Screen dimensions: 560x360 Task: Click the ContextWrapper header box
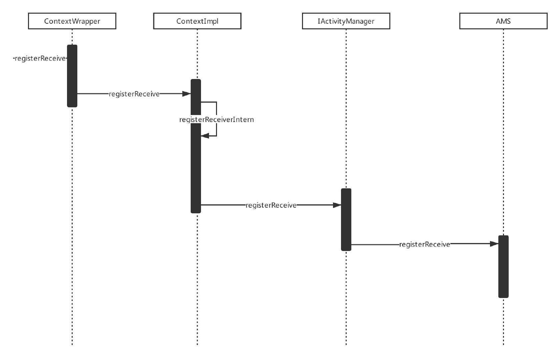click(72, 21)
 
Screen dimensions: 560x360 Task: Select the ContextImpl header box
click(197, 21)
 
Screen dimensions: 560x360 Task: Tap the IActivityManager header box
click(346, 21)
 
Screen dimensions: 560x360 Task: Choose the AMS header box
click(503, 21)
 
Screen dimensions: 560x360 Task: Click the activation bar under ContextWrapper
click(72, 76)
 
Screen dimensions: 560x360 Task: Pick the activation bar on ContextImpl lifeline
click(196, 146)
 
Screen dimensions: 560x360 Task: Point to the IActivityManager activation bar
click(346, 219)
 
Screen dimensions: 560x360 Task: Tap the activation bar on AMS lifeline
click(503, 267)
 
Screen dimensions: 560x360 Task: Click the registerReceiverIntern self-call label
click(217, 120)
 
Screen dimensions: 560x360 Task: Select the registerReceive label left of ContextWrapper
click(40, 59)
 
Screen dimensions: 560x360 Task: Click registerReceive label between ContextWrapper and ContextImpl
click(134, 94)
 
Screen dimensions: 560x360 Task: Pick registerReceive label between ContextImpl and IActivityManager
click(271, 205)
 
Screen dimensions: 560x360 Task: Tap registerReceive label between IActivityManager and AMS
click(425, 245)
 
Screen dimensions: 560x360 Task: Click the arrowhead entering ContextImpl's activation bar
click(187, 94)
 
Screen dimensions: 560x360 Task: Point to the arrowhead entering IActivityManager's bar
click(337, 205)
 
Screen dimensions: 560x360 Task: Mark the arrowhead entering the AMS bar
click(494, 244)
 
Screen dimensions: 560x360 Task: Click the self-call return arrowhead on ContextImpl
click(205, 136)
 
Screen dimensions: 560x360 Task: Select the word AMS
click(503, 21)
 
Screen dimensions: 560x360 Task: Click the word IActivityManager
click(346, 21)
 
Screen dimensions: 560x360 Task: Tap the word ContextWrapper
click(72, 21)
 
